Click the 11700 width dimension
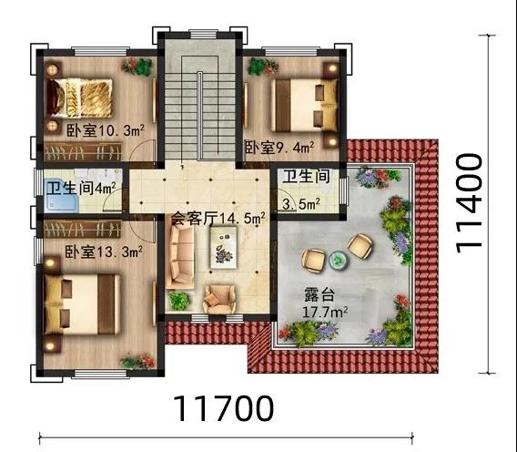(x=223, y=408)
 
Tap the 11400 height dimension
(x=469, y=204)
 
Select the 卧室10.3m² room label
(x=106, y=130)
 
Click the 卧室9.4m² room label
(x=279, y=148)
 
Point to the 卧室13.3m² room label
(x=104, y=252)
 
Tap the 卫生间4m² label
(x=81, y=189)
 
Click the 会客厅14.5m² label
(x=218, y=218)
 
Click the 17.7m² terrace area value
(x=325, y=312)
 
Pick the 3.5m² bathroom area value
(x=301, y=204)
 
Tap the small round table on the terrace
(x=339, y=260)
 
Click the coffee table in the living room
(x=224, y=247)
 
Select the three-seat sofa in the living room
(x=180, y=258)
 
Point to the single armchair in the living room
(x=219, y=299)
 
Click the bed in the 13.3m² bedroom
(x=82, y=304)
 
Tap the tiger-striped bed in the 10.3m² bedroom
(x=79, y=98)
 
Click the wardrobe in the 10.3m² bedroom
(x=83, y=152)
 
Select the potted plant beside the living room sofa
(x=179, y=301)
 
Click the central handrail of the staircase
(x=200, y=116)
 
